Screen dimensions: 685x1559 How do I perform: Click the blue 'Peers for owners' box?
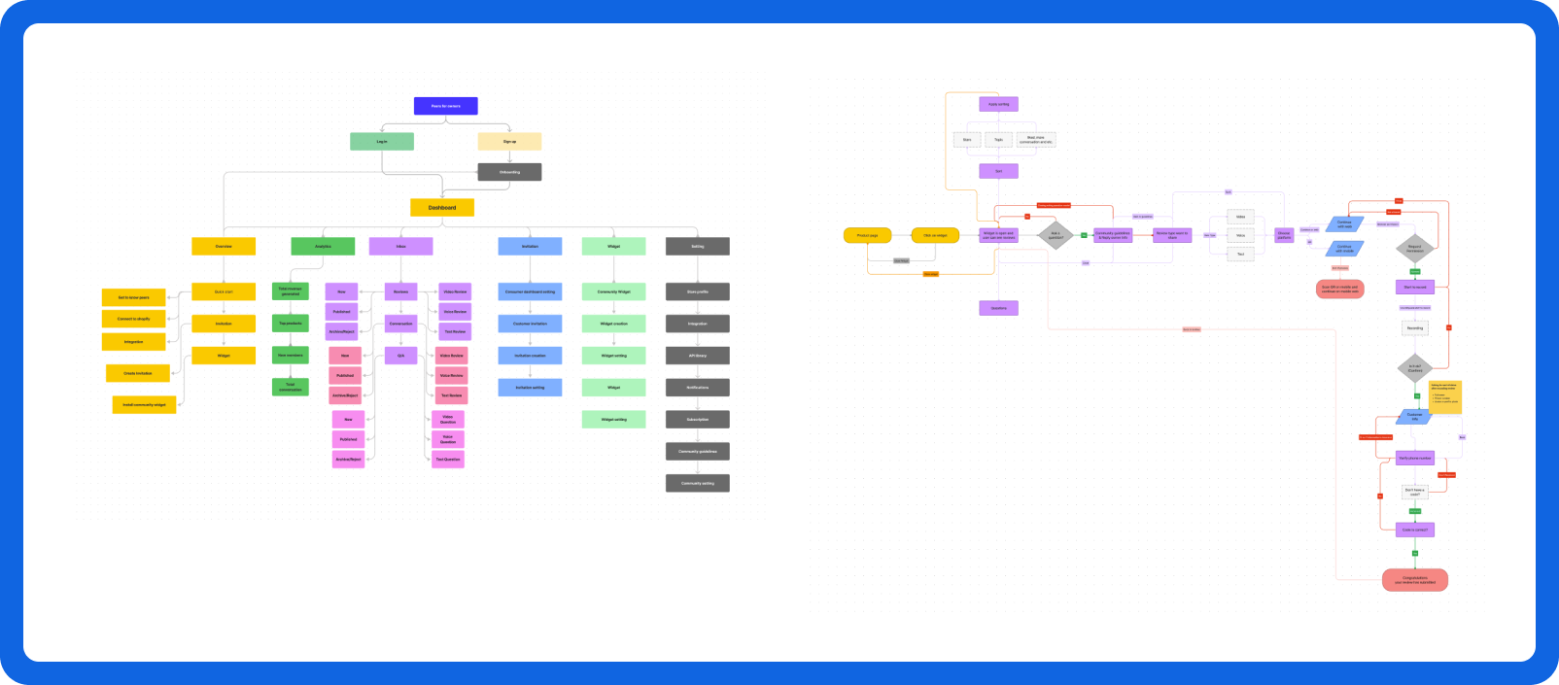tap(446, 106)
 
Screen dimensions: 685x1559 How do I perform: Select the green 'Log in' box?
tap(382, 142)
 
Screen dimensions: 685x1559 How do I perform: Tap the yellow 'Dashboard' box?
tap(442, 208)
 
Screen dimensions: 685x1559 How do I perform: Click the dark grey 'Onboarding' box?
tap(509, 172)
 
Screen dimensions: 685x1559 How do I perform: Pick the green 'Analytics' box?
tap(323, 247)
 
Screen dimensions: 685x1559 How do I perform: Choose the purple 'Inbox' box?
tap(400, 247)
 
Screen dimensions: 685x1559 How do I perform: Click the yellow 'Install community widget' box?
tap(144, 405)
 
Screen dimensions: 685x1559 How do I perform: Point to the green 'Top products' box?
tap(291, 324)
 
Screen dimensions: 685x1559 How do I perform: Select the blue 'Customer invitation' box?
tap(530, 324)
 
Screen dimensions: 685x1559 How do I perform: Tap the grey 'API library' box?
tap(697, 356)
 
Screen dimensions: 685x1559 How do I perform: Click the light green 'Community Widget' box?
tap(613, 291)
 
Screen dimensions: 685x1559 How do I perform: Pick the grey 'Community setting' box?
tap(697, 483)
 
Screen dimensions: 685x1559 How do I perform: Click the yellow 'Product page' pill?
tap(868, 235)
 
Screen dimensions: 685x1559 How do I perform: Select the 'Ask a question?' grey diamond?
tap(1056, 235)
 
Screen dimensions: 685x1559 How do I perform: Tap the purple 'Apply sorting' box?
tap(998, 104)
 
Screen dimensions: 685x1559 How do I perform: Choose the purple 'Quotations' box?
tap(998, 308)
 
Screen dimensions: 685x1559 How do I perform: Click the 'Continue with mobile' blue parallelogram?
tap(1344, 249)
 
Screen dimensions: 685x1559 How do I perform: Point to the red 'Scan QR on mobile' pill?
tap(1340, 289)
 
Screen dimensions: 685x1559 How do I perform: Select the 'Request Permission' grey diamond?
tap(1415, 249)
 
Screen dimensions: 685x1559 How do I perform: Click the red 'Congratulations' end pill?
tap(1415, 580)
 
